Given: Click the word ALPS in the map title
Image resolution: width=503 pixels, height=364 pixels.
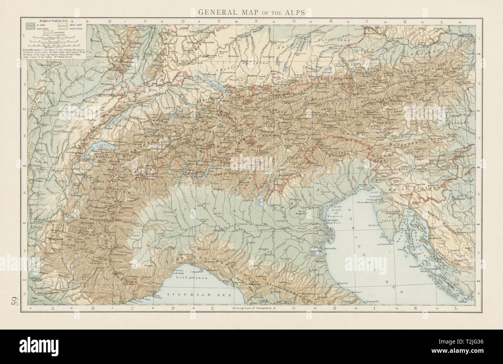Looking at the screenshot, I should pyautogui.click(x=299, y=12).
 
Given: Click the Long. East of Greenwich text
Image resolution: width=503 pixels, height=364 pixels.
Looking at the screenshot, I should pyautogui.click(x=253, y=308).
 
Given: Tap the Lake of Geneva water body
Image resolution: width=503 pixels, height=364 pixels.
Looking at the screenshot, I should pyautogui.click(x=101, y=147).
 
